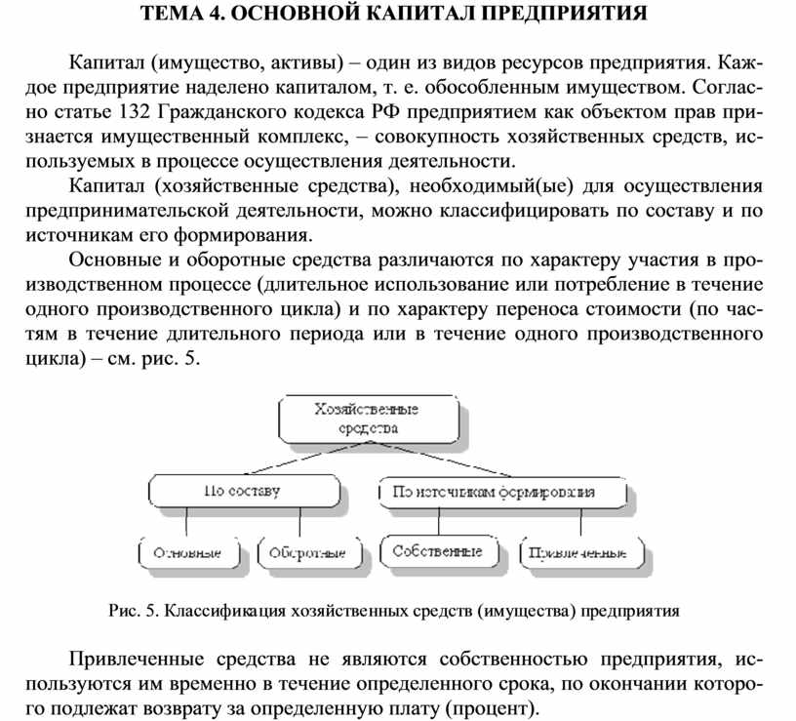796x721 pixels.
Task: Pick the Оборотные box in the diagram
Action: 306,552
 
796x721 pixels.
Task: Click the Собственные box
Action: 437,551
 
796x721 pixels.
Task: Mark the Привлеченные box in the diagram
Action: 581,552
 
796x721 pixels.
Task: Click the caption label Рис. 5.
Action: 133,612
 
